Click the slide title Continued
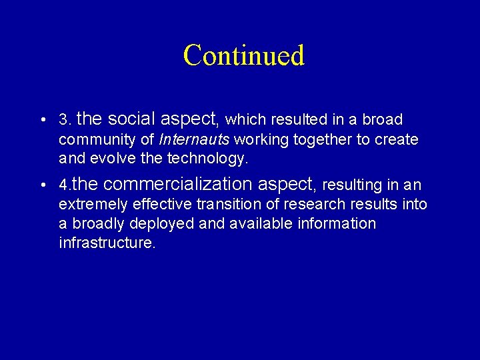click(x=243, y=55)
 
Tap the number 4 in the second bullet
click(x=63, y=185)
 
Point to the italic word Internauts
click(x=194, y=140)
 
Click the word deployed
click(x=165, y=223)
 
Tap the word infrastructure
click(x=107, y=242)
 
